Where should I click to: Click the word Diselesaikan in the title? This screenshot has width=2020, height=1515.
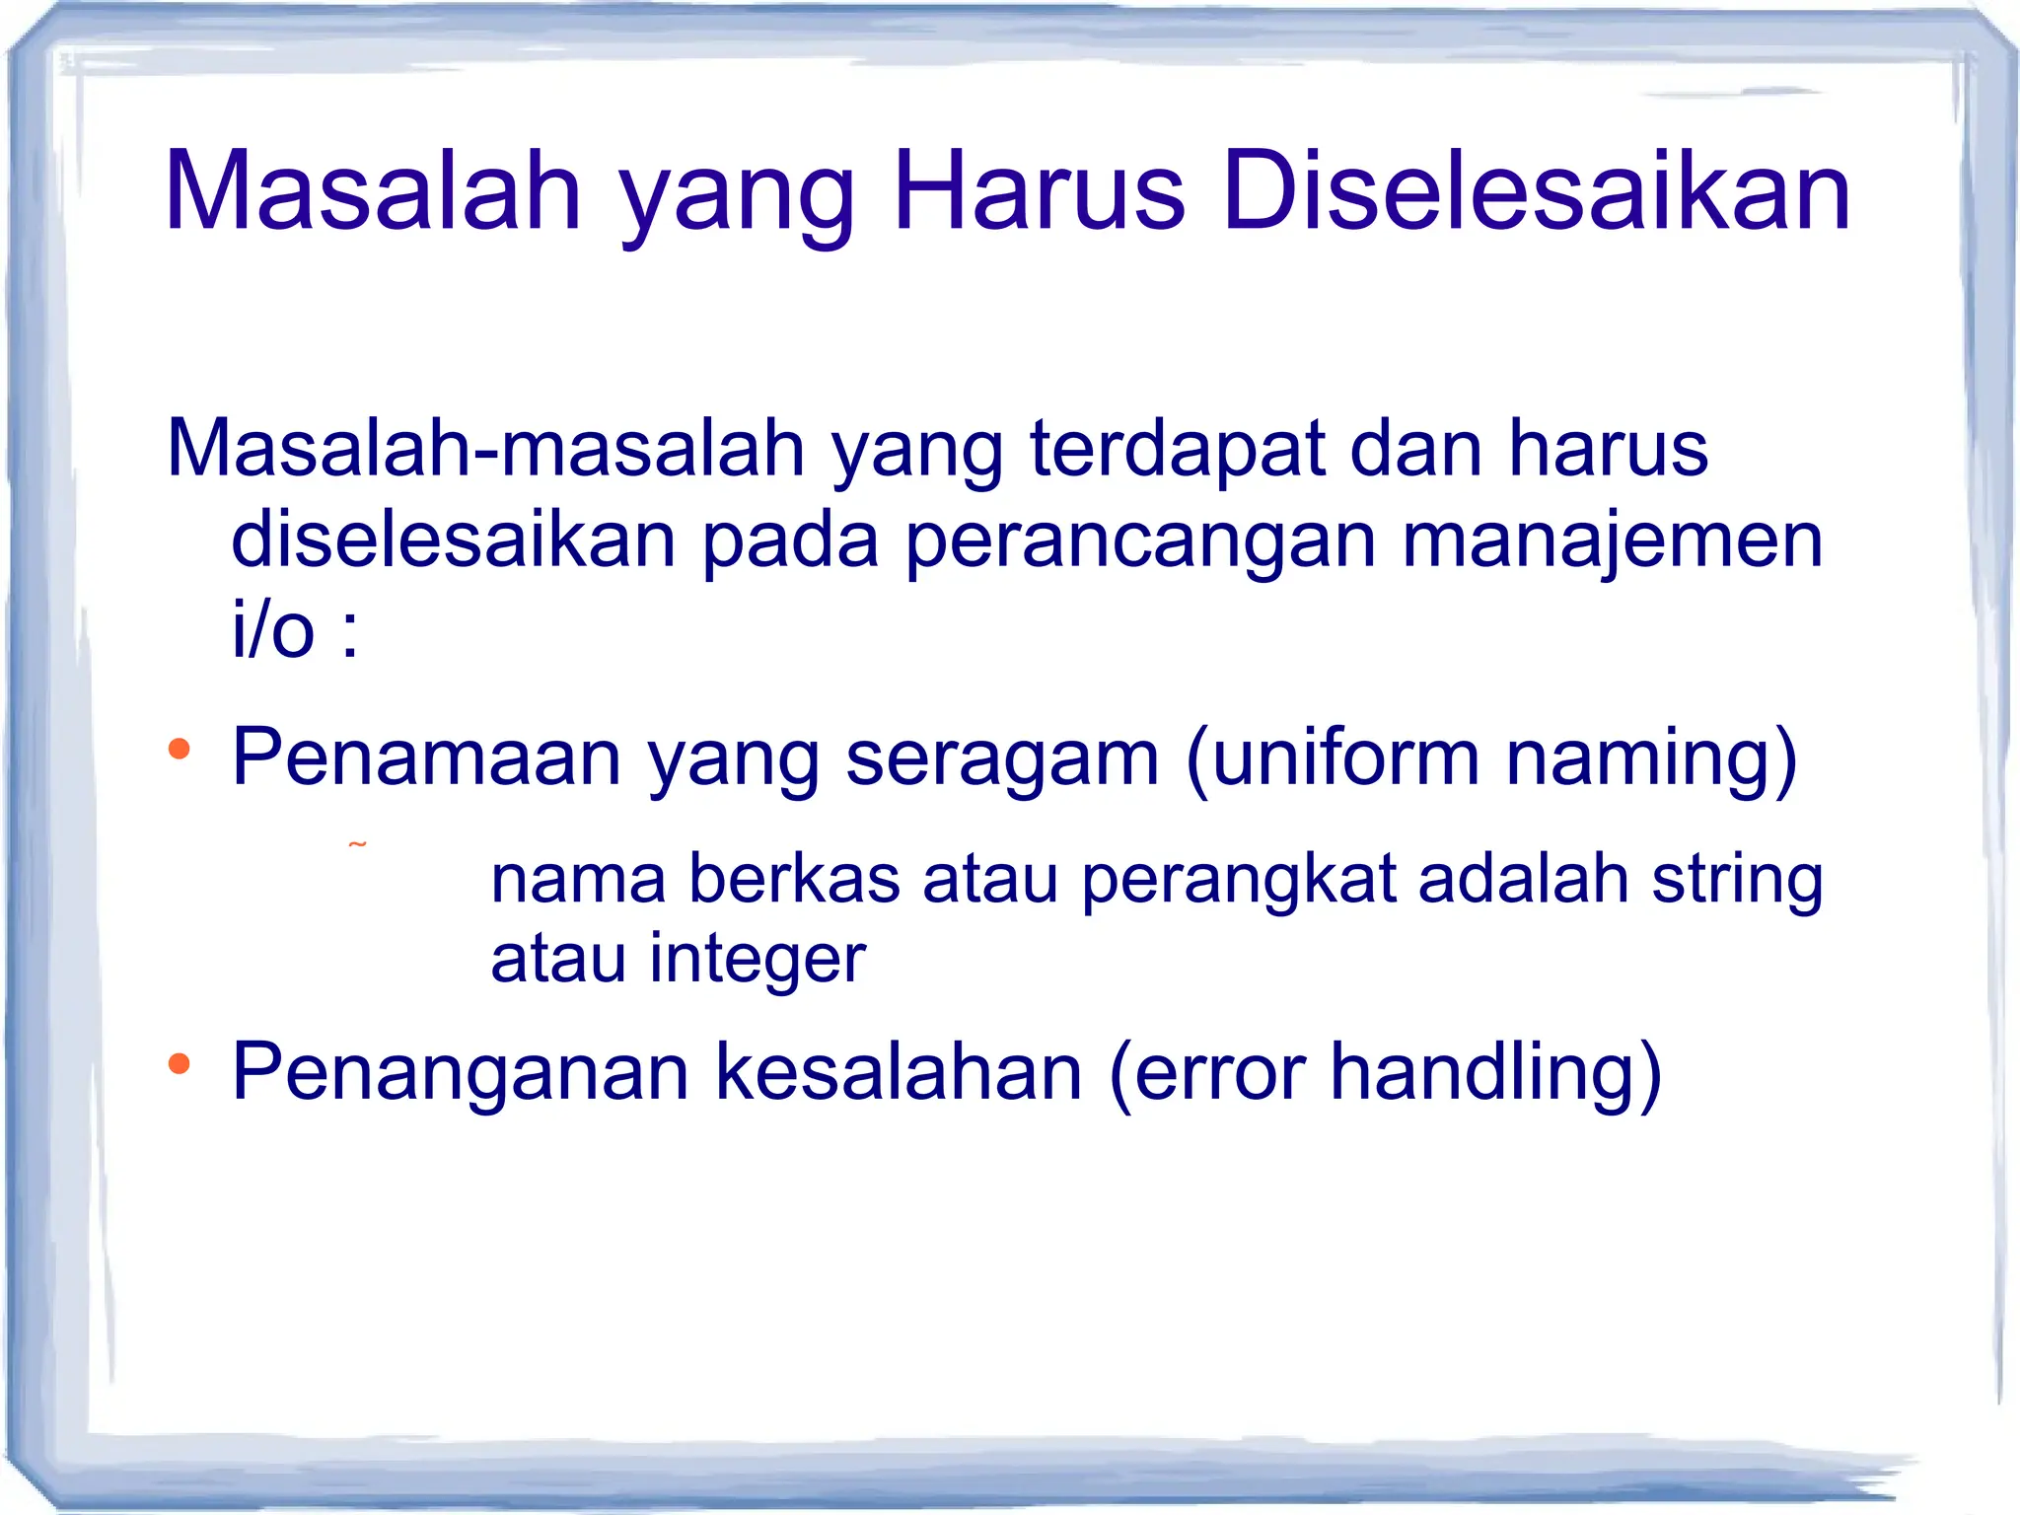pyautogui.click(x=1536, y=192)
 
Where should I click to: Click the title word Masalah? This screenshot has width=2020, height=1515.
pyautogui.click(x=373, y=192)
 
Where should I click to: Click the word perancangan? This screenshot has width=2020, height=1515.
pyautogui.click(x=1140, y=542)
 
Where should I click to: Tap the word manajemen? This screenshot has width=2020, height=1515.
pyautogui.click(x=1612, y=542)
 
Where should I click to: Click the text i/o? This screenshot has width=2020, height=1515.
pyautogui.click(x=273, y=631)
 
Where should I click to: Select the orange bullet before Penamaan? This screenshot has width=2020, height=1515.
pyautogui.click(x=179, y=750)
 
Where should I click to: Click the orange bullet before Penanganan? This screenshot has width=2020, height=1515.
pyautogui.click(x=179, y=1064)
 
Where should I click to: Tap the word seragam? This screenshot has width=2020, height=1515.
pyautogui.click(x=1001, y=759)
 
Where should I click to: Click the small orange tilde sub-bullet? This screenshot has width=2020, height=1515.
pyautogui.click(x=357, y=845)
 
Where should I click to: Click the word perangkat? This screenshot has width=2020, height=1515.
pyautogui.click(x=1239, y=881)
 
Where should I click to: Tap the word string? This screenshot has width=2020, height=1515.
pyautogui.click(x=1737, y=881)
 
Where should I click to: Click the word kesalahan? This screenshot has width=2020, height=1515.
pyautogui.click(x=899, y=1072)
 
